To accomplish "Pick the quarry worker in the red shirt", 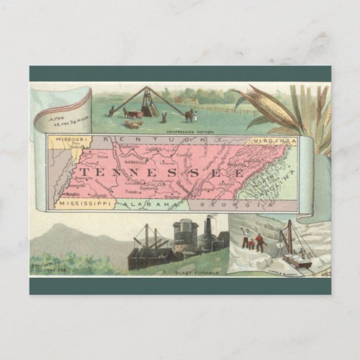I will (x=259, y=242).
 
